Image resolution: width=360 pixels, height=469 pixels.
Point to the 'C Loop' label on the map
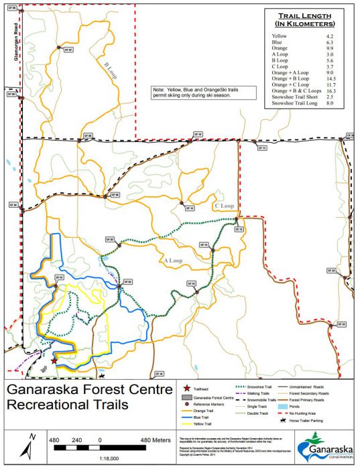click(x=223, y=206)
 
